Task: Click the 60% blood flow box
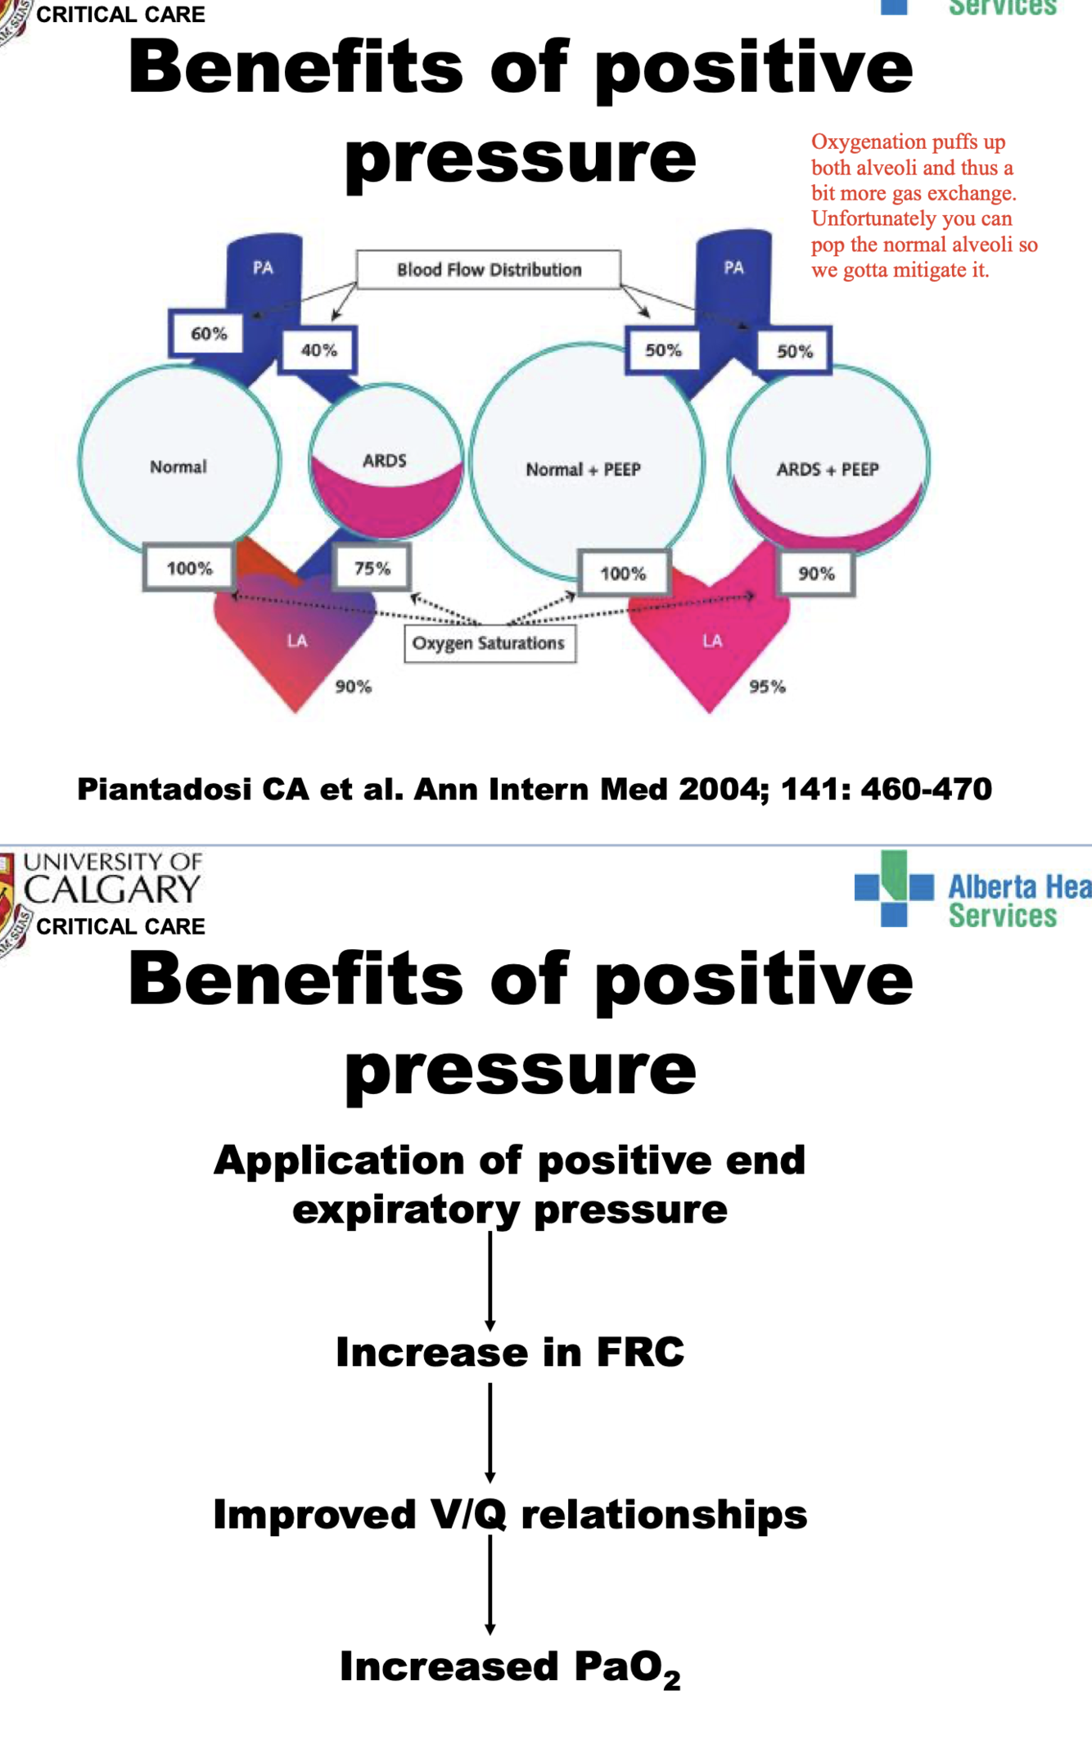pos(207,334)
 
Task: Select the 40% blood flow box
pos(318,350)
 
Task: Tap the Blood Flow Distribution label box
pos(489,269)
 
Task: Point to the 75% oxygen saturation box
pos(372,568)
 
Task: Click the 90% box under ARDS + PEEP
pos(816,574)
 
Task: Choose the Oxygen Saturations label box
pos(489,643)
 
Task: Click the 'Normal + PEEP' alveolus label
pos(583,470)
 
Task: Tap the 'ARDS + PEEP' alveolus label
pos(828,469)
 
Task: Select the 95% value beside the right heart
pos(767,687)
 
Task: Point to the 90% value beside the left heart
pos(353,687)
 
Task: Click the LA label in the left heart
pos(297,641)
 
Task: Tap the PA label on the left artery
pos(263,268)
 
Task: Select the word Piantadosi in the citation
pos(164,790)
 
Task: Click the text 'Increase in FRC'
pos(509,1352)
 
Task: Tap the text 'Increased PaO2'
pos(509,1667)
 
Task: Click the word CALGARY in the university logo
pos(112,890)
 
